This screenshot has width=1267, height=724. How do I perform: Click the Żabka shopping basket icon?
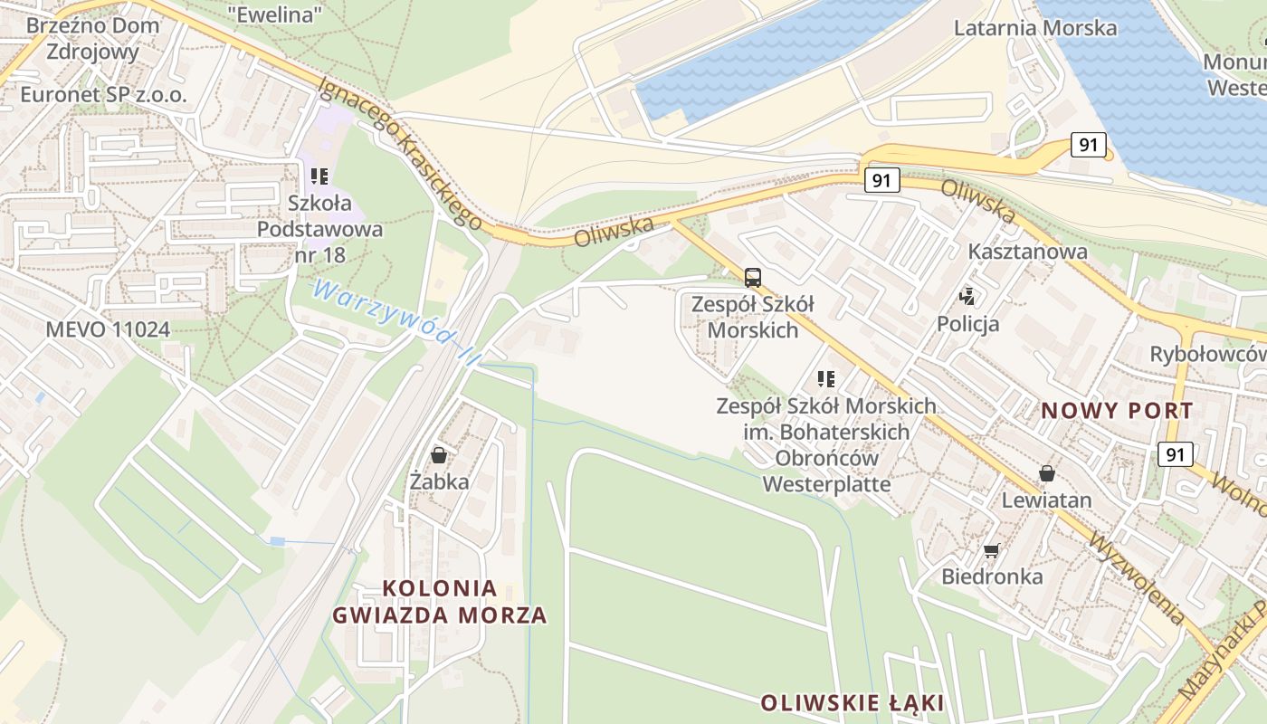439,454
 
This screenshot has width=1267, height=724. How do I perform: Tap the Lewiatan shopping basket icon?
1047,473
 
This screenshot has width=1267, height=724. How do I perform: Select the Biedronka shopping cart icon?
992,550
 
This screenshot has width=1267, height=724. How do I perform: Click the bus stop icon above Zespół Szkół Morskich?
753,278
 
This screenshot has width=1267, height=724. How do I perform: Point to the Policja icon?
968,296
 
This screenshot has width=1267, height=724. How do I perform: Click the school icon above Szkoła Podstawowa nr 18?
319,176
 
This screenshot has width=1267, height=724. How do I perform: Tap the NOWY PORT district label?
1117,410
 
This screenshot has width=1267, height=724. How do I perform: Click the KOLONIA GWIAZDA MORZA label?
440,602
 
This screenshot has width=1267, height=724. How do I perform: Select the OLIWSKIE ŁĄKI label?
852,703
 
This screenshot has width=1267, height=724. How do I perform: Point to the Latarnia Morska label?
1035,27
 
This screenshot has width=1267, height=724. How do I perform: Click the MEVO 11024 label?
108,329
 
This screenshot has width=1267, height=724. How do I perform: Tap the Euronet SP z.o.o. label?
103,94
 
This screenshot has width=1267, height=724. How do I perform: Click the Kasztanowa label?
1027,252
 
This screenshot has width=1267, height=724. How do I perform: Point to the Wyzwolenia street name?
1138,578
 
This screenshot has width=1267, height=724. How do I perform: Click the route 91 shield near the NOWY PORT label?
1175,454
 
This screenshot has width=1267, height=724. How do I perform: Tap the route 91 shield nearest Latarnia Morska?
1089,145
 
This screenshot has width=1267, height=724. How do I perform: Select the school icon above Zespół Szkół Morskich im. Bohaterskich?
825,379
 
